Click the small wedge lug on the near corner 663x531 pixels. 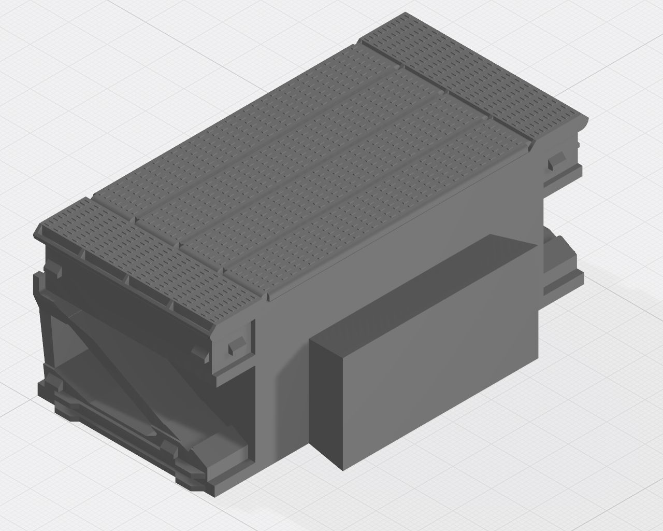[x=236, y=345]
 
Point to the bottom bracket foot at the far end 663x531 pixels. [x=565, y=270]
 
